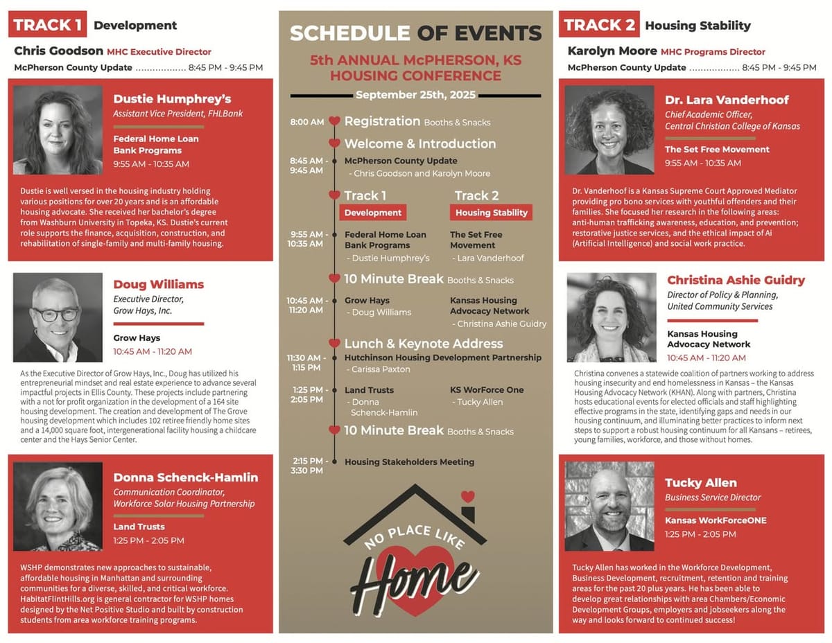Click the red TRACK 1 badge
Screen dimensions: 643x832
[x=48, y=25]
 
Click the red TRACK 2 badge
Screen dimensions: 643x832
[x=600, y=25]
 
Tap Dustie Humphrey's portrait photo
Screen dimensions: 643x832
[x=58, y=130]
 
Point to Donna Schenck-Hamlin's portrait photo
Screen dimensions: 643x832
[x=58, y=507]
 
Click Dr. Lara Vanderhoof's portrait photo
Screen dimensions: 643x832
[x=609, y=130]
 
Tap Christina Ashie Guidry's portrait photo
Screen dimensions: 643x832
[x=612, y=317]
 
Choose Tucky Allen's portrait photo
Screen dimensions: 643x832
[x=609, y=507]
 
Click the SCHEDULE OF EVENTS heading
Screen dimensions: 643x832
[x=415, y=33]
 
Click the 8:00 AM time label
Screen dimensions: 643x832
[x=307, y=122]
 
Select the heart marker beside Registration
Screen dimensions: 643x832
[x=334, y=121]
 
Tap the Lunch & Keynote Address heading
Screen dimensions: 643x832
[x=424, y=344]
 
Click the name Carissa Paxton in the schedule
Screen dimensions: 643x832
[x=381, y=369]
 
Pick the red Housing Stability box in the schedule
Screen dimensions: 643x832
[x=492, y=213]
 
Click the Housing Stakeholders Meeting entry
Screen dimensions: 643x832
[x=409, y=462]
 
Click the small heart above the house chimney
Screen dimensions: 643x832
[x=468, y=496]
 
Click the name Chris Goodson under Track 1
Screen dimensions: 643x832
[x=58, y=51]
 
